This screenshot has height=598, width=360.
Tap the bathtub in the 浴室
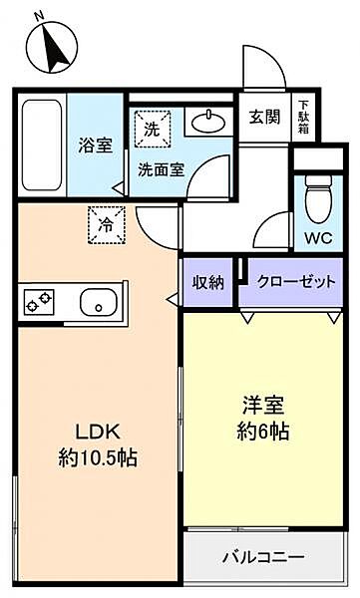click(42, 145)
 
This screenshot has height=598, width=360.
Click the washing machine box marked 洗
click(153, 129)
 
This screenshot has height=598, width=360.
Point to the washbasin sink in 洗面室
click(208, 122)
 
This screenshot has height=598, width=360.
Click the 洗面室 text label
click(162, 169)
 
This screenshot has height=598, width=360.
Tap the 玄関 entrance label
click(264, 117)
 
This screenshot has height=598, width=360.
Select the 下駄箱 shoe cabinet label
click(304, 117)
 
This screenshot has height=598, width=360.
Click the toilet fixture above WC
click(319, 199)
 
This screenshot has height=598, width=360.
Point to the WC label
click(318, 238)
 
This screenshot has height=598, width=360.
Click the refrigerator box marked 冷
click(107, 225)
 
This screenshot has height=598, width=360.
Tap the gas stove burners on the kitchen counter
click(39, 302)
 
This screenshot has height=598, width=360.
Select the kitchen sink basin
click(99, 302)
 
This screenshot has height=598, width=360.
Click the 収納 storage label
click(207, 282)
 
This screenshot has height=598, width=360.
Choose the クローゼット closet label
click(296, 282)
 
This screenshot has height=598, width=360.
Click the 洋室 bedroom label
click(263, 406)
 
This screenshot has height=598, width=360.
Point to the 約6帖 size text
click(263, 432)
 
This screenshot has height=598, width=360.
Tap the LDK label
click(98, 433)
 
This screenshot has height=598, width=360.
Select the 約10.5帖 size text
click(98, 457)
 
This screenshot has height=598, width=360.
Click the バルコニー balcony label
click(264, 557)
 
